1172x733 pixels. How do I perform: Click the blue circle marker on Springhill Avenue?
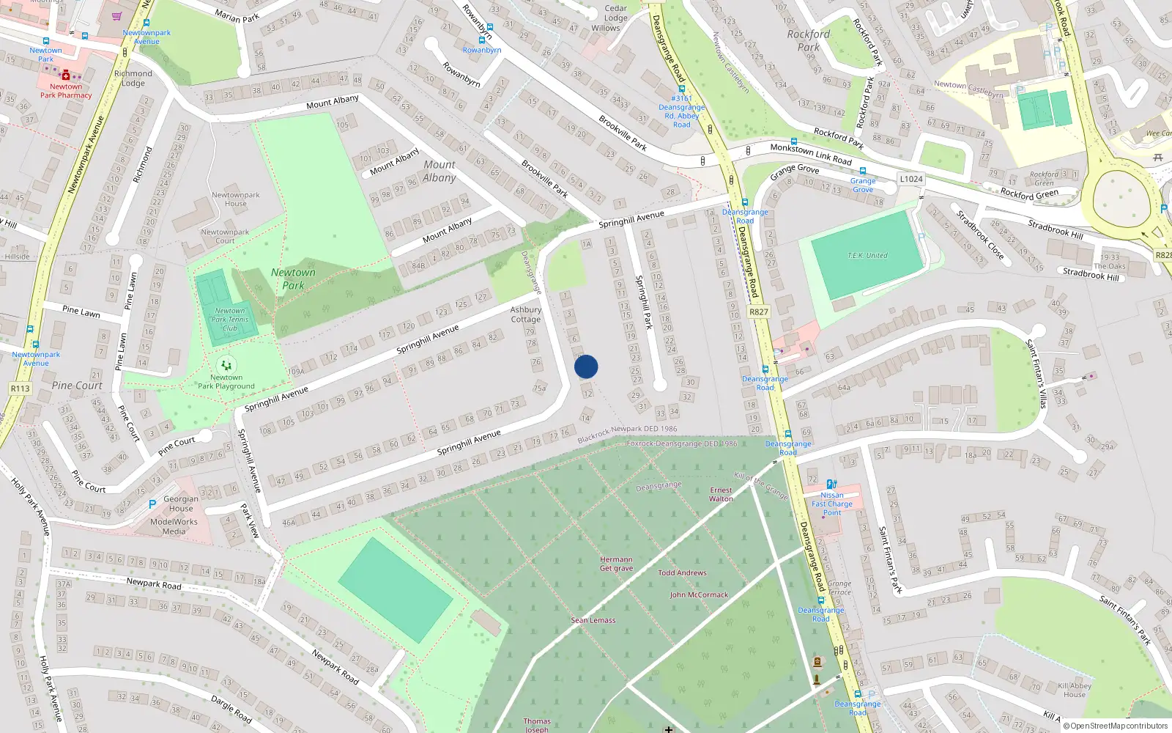pos(586,366)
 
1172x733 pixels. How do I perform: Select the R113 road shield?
pos(20,388)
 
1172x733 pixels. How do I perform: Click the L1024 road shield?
pos(911,179)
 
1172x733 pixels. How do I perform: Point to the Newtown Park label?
pos(293,279)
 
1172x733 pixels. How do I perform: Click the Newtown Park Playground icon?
pos(226,364)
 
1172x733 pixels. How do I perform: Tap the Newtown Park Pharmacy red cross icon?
pos(66,75)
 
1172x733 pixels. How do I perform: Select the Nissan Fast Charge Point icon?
pos(831,484)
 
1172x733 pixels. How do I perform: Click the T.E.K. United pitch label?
pos(867,256)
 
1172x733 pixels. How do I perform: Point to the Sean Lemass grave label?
pos(593,620)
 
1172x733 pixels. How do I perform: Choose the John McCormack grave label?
pos(699,594)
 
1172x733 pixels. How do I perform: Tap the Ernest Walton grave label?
pos(721,494)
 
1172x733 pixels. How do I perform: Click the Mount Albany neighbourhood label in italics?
pos(439,171)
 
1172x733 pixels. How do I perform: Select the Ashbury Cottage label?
pos(526,314)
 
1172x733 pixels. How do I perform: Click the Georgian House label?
pos(181,504)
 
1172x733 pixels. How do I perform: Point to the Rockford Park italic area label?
pos(809,40)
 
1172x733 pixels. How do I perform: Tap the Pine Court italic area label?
pos(77,386)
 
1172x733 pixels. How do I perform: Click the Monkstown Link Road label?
pos(811,154)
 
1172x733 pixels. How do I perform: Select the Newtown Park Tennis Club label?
pos(230,320)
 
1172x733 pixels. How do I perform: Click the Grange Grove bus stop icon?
pos(862,171)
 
